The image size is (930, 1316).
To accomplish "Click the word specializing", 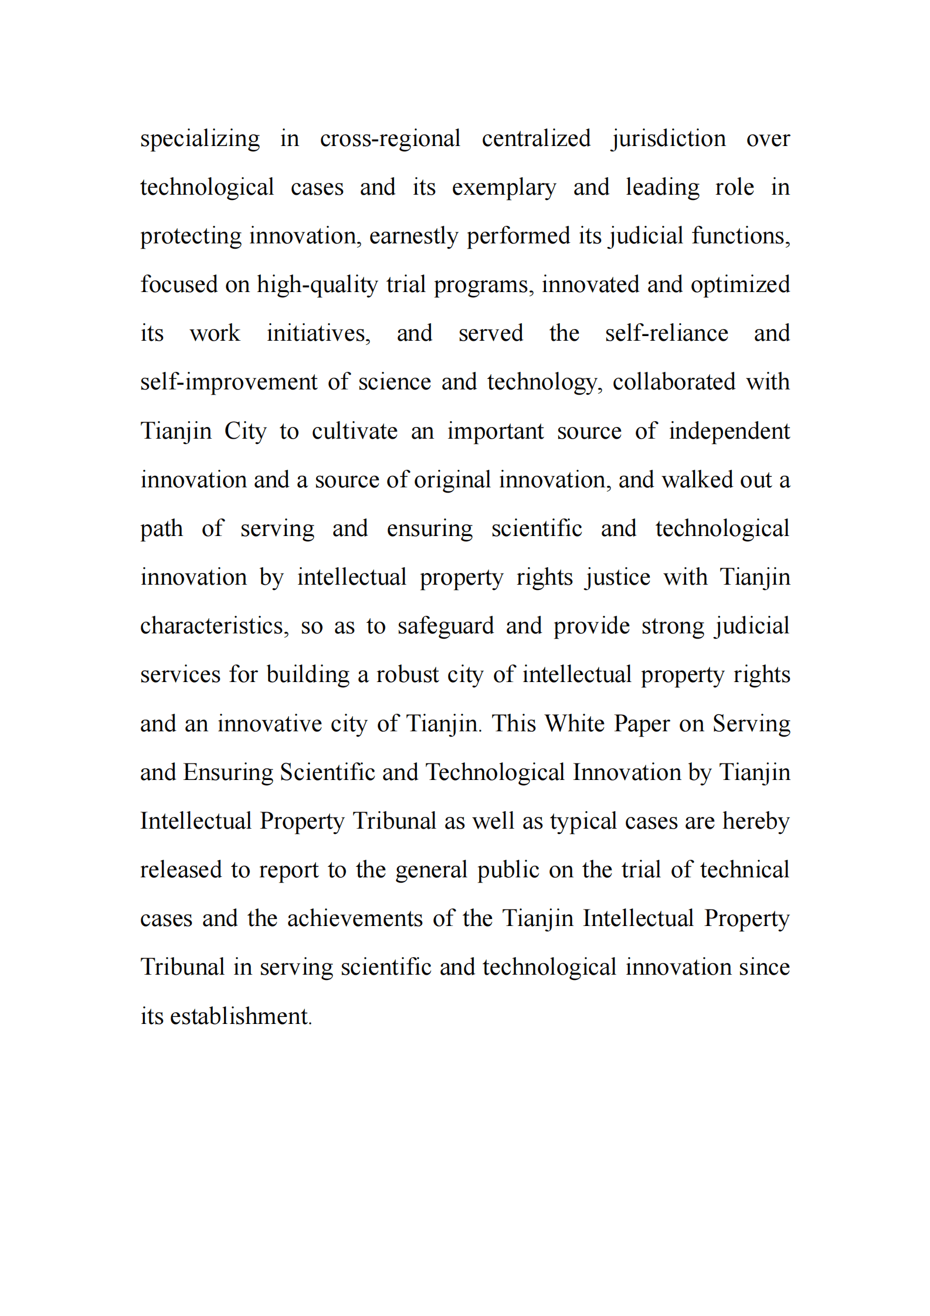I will point(199,139).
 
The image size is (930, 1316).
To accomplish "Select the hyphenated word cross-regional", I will point(390,139).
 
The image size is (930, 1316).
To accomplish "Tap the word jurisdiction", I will point(668,139).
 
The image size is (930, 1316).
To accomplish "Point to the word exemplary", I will point(504,188).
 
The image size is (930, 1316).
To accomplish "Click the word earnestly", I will point(413,236).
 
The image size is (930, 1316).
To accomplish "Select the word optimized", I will point(740,285).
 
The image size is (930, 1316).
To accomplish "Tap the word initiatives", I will point(318,334).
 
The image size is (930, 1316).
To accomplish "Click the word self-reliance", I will point(667,334).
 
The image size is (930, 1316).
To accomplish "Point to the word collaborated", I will point(674,382).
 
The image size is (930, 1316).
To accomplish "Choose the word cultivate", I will point(354,432).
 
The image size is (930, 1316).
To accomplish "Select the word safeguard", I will point(446,626).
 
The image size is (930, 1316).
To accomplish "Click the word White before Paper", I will point(574,724).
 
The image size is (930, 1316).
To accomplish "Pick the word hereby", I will point(756,821).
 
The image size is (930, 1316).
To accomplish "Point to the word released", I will point(181,870).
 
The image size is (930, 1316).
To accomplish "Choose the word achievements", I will point(355,918).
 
